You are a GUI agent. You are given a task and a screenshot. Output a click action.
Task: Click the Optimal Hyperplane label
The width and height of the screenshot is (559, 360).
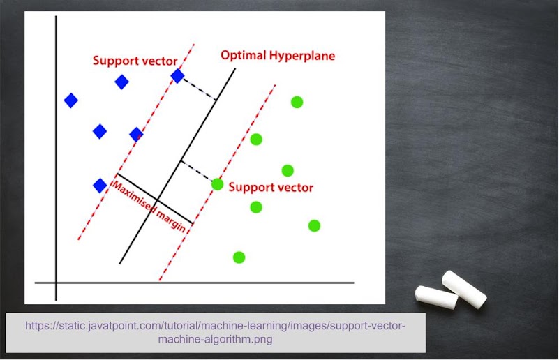(277, 56)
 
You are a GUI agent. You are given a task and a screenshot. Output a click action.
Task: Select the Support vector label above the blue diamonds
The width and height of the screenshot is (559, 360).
(135, 61)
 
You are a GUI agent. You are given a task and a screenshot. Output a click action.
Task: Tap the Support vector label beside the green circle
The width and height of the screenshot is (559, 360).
(271, 187)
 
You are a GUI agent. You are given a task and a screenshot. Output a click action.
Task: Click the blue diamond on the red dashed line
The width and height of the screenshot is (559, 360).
(177, 76)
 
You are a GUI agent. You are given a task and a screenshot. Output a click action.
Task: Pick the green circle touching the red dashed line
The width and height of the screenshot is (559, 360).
(217, 184)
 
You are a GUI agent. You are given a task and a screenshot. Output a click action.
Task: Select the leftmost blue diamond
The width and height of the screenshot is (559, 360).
(70, 100)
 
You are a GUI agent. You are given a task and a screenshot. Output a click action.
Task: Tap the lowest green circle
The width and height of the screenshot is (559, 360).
(239, 257)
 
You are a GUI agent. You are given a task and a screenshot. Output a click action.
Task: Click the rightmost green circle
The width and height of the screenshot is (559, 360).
(314, 225)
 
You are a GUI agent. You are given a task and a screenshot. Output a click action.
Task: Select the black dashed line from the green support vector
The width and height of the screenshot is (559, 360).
(197, 171)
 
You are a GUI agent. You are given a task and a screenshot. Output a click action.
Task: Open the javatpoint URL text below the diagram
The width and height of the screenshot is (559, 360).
(215, 332)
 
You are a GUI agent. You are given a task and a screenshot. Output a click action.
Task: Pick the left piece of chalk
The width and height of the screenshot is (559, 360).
(436, 297)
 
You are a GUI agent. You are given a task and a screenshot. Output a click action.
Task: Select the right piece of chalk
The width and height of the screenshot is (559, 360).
(463, 290)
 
